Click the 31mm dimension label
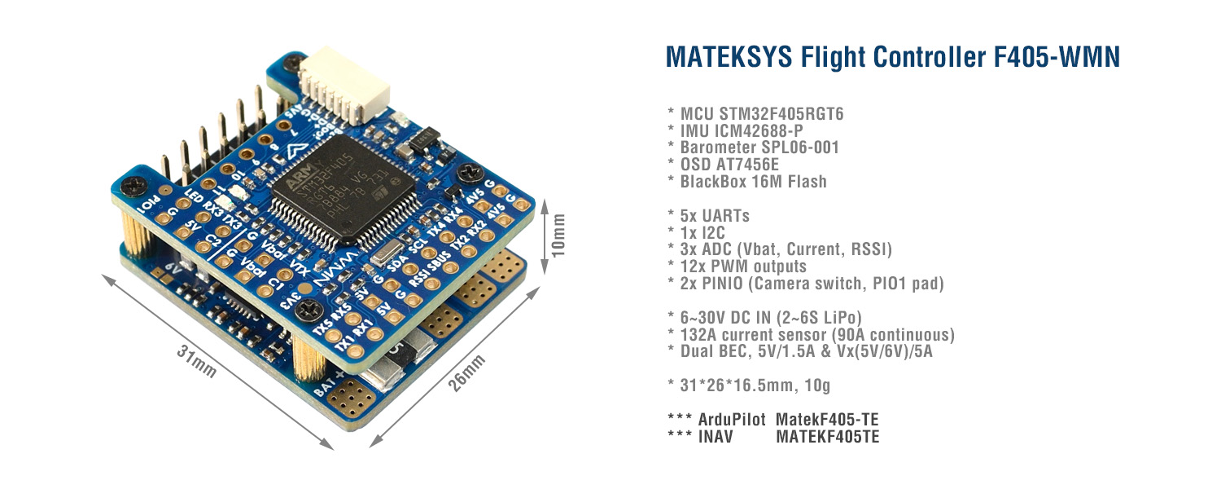197,362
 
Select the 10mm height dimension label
559,236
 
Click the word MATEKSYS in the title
728,57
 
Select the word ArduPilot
731,420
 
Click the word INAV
716,437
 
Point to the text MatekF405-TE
827,420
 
